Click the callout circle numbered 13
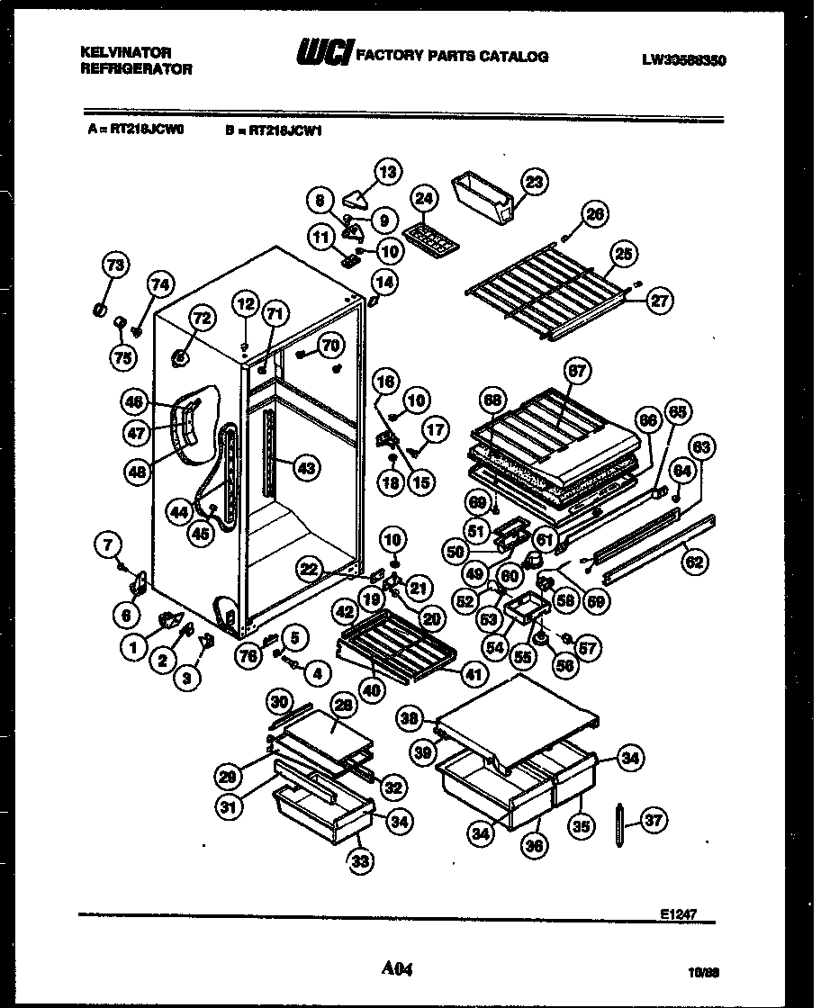click(x=388, y=171)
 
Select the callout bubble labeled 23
click(x=535, y=183)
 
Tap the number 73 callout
click(x=115, y=265)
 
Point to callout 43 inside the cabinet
click(x=307, y=468)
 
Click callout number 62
click(x=695, y=563)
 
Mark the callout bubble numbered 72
click(x=202, y=318)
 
